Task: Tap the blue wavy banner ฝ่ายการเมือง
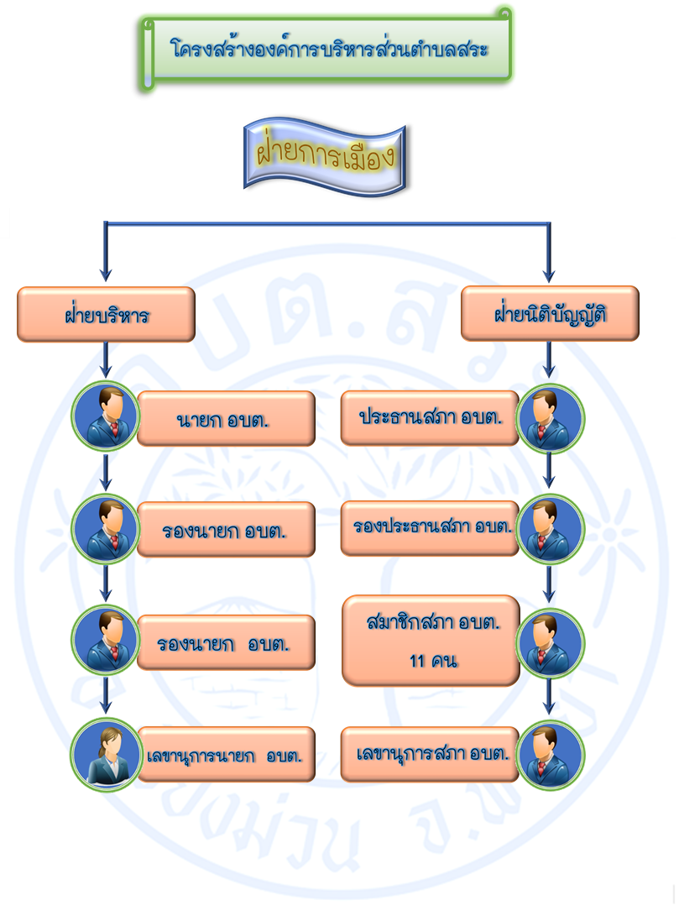point(324,159)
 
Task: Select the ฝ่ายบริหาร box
point(107,315)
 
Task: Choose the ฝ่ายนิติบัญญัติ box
point(550,315)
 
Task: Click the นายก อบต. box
point(226,418)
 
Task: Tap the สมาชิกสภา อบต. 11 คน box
point(431,640)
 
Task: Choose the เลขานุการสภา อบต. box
point(429,753)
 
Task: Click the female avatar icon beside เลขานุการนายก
point(106,753)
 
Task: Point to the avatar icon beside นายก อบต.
point(106,416)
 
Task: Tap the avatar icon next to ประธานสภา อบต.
point(550,417)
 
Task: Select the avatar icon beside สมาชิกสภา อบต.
point(550,642)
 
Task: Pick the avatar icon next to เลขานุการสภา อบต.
point(550,754)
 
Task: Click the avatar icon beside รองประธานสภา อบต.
point(550,529)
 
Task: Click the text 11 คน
point(432,661)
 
